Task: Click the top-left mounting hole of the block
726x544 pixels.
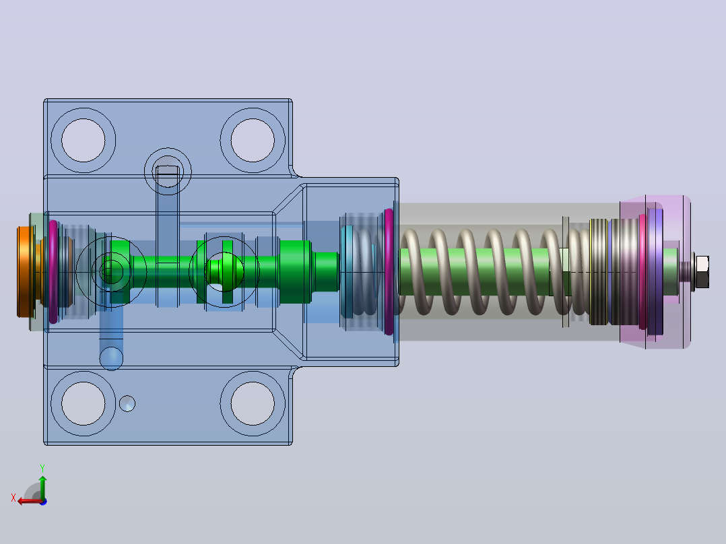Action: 84,140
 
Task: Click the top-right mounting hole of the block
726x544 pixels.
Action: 253,140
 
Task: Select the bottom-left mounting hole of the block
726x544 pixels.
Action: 84,403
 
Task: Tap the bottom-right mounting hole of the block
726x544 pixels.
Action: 253,403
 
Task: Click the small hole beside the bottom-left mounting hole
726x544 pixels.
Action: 127,404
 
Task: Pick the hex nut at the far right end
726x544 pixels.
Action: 702,271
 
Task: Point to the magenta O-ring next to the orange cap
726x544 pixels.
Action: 53,272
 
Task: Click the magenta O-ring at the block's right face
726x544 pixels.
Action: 389,272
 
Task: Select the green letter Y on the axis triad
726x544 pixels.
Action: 42,468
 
